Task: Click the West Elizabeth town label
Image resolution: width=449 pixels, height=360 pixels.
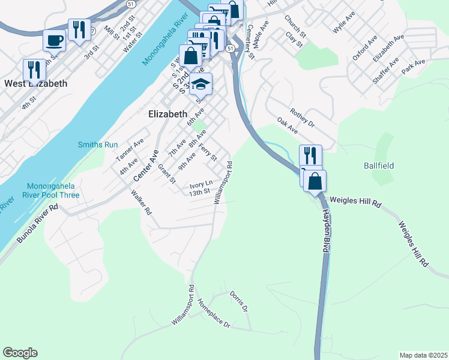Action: coord(35,83)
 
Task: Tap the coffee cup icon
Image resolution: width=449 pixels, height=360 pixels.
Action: coord(55,40)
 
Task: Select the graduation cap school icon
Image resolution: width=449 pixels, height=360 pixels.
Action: coord(201,85)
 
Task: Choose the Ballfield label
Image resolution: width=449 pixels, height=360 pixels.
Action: coord(379,165)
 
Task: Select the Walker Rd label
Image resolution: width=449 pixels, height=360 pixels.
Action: coord(142,203)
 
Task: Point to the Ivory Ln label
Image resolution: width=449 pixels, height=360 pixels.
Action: coord(201,184)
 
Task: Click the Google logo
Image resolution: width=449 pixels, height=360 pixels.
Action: coord(20,353)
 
